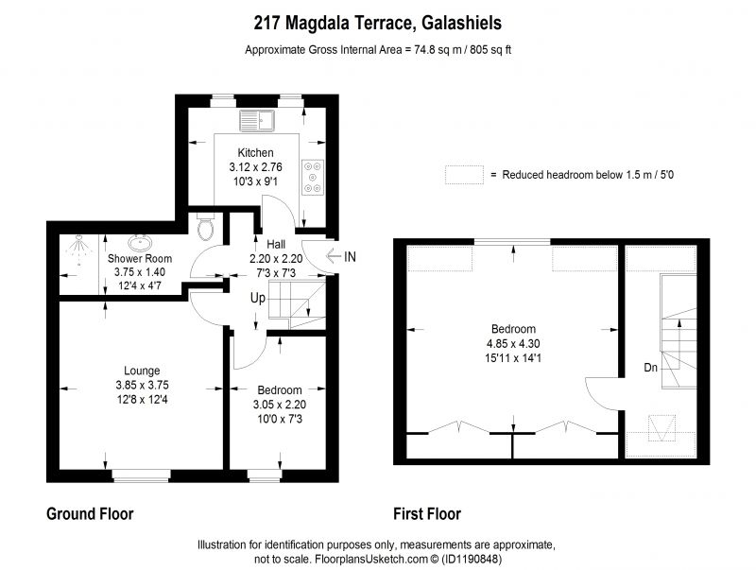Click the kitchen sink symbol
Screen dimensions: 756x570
(257, 121)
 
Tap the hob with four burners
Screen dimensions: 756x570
(313, 178)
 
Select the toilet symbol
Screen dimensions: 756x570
(206, 227)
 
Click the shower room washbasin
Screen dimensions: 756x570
(140, 242)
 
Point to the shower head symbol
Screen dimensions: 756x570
(77, 249)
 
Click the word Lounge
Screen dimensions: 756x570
(142, 371)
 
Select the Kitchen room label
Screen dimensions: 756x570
(255, 153)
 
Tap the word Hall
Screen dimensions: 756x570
(276, 245)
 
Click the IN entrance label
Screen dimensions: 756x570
(350, 256)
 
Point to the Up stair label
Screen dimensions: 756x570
(258, 299)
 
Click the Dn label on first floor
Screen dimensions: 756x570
(651, 368)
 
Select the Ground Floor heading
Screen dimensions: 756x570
(90, 514)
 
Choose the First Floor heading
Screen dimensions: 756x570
(427, 514)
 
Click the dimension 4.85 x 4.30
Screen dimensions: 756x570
(513, 344)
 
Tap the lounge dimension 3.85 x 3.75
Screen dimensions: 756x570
(142, 386)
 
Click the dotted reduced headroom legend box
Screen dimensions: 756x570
(464, 175)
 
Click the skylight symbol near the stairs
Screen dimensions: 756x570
(662, 428)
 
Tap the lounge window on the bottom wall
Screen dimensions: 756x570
(141, 475)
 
